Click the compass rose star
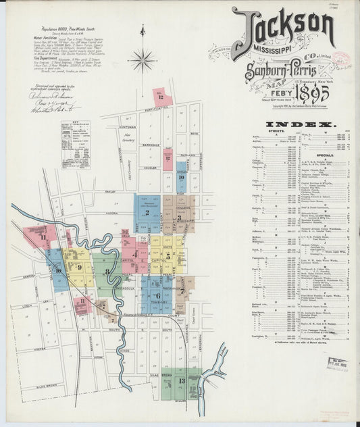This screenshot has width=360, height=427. coord(142,61)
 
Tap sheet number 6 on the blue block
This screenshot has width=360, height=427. coord(157,295)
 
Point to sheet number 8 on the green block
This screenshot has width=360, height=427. coord(107,271)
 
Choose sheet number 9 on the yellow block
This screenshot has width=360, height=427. coord(79,267)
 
